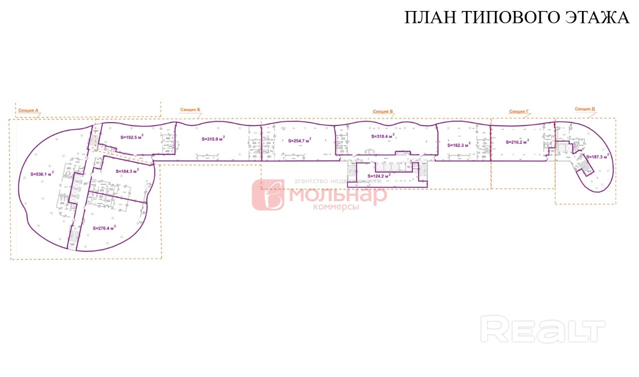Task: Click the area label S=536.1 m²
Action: tap(42, 174)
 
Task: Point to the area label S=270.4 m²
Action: tap(104, 227)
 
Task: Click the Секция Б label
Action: tap(190, 109)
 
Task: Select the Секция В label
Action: tap(383, 111)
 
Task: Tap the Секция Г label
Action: tap(519, 111)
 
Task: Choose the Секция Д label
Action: tap(585, 109)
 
